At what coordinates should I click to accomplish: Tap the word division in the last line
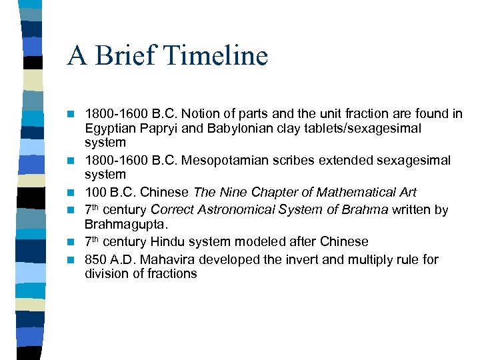tap(107, 273)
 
